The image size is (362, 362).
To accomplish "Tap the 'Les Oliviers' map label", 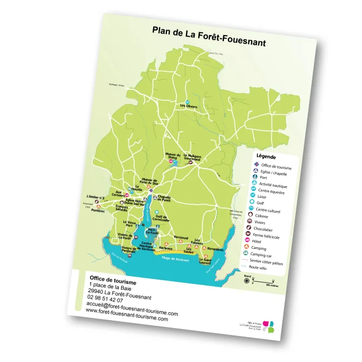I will pyautogui.click(x=188, y=106).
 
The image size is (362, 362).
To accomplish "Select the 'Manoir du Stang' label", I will pyautogui.click(x=173, y=156).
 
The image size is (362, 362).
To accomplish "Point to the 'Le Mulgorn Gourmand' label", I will pyautogui.click(x=192, y=158).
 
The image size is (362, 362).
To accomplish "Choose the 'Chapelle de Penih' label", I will pyautogui.click(x=163, y=199).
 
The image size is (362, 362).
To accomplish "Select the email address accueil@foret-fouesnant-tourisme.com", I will pyautogui.click(x=132, y=308).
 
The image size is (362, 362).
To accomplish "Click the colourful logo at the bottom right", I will pyautogui.click(x=270, y=326).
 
